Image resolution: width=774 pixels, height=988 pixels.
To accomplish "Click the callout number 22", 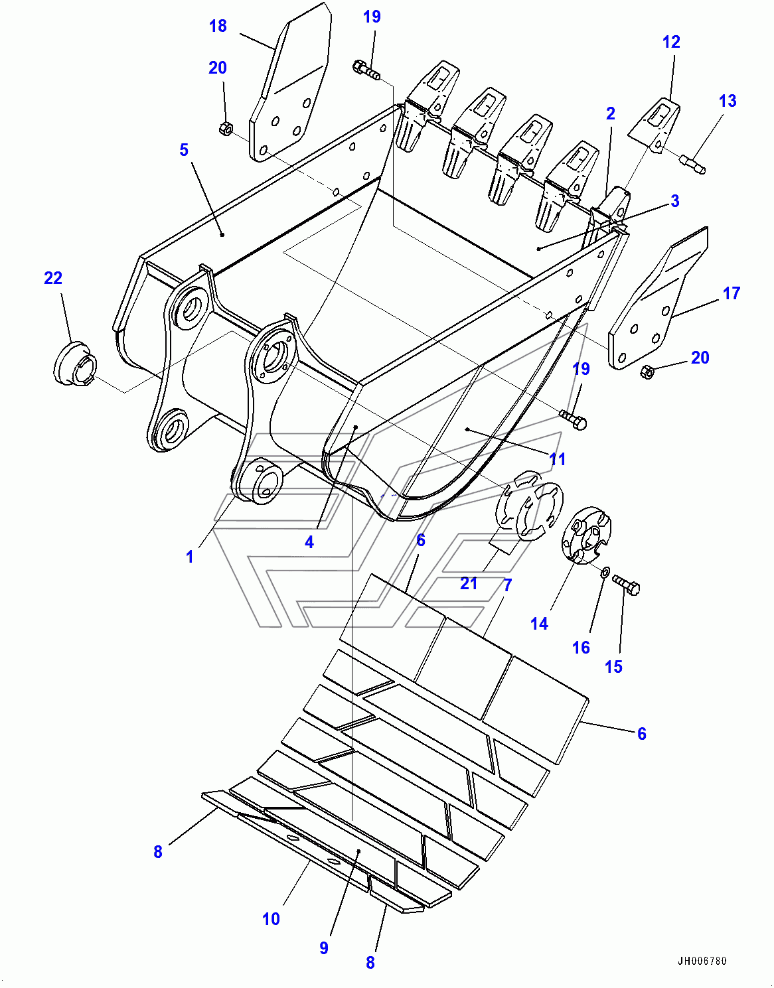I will pos(53,278).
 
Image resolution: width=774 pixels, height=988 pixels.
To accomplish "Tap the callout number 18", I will pos(218,26).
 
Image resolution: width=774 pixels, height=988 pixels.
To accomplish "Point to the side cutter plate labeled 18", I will pos(291,86).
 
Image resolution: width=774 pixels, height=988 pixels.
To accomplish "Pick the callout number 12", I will pos(671,42).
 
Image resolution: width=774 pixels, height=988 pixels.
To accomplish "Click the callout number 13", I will pos(728,101).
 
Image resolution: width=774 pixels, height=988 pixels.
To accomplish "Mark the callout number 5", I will pos(184,150).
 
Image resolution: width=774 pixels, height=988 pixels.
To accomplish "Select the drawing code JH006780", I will pos(702,961).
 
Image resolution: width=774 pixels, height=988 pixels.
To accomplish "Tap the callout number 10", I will pos(271,919).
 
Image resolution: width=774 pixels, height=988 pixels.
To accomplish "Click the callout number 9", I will pos(324,948).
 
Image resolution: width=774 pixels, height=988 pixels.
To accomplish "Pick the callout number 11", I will pos(558,459).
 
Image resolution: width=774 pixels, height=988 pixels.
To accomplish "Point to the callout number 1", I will pos(190,556).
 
